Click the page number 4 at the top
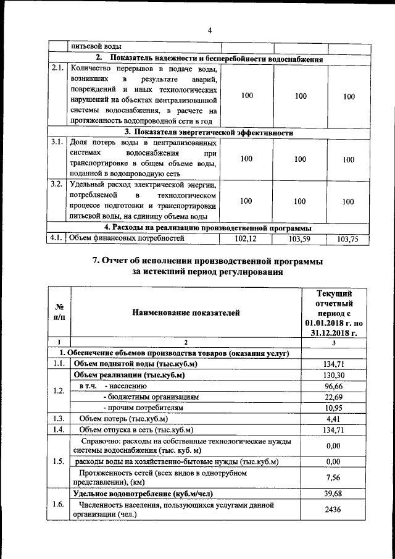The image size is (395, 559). coord(209,31)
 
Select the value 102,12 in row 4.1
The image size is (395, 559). coord(246,238)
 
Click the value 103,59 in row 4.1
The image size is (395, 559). coord(300,238)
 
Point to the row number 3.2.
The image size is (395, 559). coord(57,184)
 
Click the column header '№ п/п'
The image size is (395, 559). coord(60,313)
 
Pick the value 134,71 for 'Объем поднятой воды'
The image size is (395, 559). coord(333,364)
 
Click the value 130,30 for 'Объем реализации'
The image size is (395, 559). coord(333,375)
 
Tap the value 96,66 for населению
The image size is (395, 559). coord(333,386)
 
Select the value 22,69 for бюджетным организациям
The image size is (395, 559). coord(333,397)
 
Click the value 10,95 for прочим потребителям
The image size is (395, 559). coord(333,408)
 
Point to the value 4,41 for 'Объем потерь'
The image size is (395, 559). coord(333,419)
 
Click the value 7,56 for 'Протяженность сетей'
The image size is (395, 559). coord(333,477)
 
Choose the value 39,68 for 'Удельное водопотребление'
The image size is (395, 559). coord(333,494)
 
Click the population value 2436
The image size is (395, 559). coord(333,510)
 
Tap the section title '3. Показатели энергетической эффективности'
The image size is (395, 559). coord(209,132)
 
